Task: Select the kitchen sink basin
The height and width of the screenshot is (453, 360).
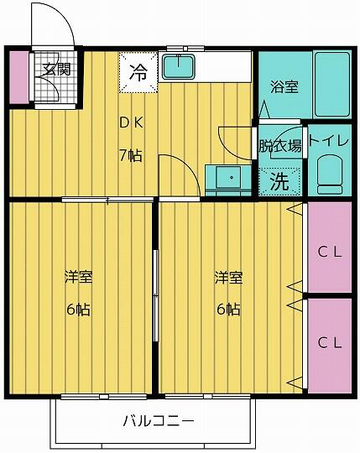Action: point(179,66)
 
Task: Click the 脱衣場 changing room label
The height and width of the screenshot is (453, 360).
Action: point(279,144)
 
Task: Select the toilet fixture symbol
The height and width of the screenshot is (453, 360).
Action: point(329,174)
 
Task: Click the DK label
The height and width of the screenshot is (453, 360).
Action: point(129,122)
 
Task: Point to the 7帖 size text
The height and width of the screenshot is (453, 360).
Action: point(129,155)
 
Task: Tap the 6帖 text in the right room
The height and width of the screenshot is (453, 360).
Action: point(227,309)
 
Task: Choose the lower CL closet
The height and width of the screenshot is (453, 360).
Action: point(329,342)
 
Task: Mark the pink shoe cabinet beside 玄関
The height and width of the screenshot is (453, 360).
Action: point(18,77)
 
